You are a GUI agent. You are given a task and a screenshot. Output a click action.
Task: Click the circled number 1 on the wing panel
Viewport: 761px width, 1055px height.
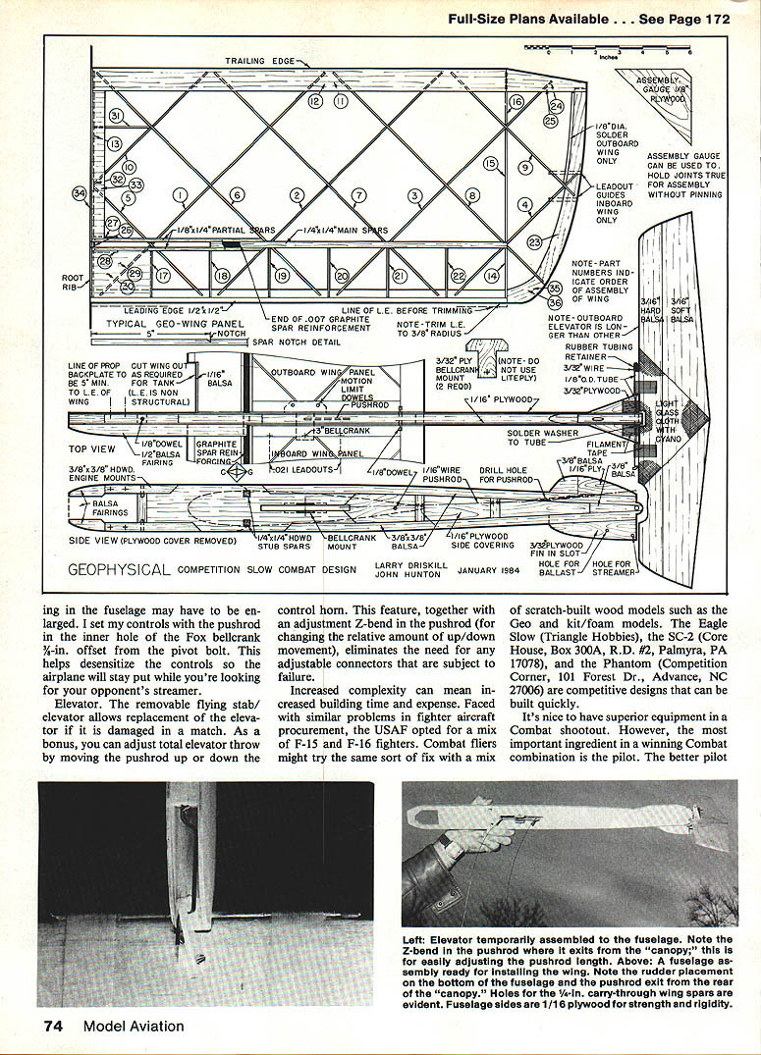point(180,195)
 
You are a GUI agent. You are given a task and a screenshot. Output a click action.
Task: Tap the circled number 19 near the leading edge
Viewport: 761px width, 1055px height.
point(282,277)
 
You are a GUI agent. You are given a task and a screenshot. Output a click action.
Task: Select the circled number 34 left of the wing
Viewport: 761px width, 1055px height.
point(80,193)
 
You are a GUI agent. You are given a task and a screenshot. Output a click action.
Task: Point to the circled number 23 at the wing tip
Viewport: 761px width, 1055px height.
point(534,241)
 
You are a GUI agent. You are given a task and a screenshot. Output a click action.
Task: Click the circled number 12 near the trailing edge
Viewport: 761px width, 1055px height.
point(315,101)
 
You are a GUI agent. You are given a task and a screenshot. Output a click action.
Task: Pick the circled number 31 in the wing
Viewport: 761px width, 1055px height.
point(115,116)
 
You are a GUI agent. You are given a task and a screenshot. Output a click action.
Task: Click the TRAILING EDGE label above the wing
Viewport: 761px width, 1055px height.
point(260,61)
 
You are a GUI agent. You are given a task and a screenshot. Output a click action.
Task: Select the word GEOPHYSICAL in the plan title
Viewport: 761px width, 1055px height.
point(118,569)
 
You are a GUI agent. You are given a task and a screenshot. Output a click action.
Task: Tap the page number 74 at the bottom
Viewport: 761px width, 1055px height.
point(53,1027)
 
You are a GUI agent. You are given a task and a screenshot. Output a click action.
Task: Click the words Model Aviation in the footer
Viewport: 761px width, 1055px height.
point(134,1027)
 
